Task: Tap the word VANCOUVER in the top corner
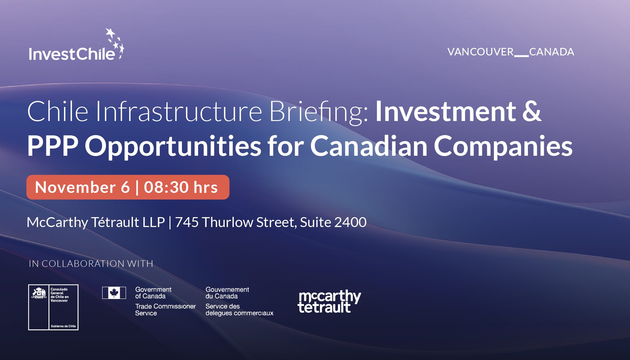point(481,52)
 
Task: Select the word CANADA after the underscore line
point(552,52)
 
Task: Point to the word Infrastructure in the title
point(179,111)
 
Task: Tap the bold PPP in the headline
point(53,146)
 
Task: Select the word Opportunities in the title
point(173,147)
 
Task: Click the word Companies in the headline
point(503,147)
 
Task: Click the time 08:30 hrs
point(181,187)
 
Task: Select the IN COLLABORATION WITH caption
point(91,264)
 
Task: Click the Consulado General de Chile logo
point(53,307)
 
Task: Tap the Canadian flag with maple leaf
point(114,293)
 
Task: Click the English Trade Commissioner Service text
point(165,310)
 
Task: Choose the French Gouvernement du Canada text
point(227,293)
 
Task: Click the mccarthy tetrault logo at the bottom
point(329,301)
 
